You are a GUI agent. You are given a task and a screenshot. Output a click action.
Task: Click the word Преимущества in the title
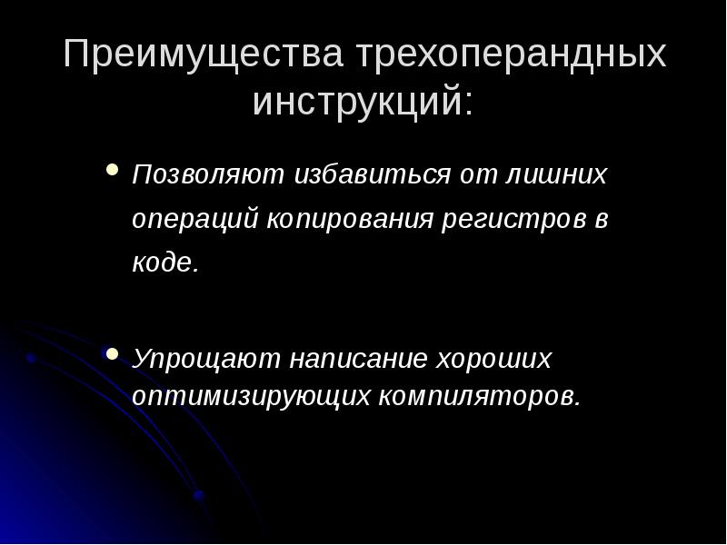coord(204,56)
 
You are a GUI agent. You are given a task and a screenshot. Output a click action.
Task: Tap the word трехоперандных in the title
coord(511,56)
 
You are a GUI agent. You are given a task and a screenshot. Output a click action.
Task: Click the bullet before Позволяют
coord(112,170)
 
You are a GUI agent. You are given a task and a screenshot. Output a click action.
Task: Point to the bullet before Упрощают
coord(112,353)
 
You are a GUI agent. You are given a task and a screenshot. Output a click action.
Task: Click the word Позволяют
coord(208,174)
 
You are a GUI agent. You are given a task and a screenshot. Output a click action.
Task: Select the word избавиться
coord(373,174)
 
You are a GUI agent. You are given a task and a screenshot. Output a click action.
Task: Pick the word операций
coord(195,221)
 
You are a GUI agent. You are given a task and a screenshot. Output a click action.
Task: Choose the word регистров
coord(512,221)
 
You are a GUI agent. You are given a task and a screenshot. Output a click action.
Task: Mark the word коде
coord(164,263)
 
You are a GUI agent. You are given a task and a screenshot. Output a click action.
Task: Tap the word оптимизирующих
coord(252,396)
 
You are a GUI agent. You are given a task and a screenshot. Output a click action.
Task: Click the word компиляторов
coord(478,396)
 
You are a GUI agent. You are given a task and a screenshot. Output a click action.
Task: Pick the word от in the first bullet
coord(480,174)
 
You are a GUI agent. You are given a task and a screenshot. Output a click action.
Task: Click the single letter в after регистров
coord(600,221)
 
